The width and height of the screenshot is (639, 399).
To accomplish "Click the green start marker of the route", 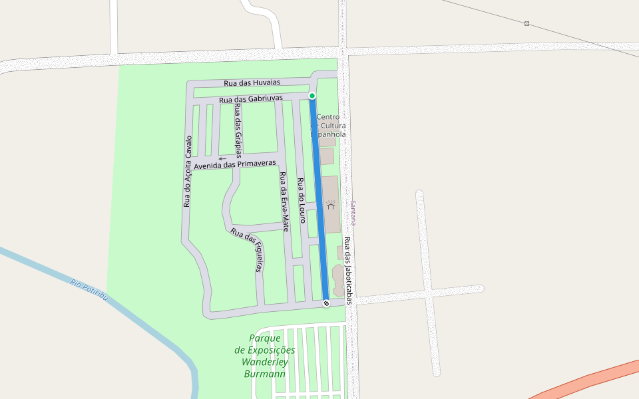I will coord(312,96).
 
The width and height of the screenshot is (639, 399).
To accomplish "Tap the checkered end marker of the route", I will coord(326,303).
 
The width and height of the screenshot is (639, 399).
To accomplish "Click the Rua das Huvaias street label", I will coord(252,82).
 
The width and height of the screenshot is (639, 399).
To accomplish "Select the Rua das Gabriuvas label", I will coord(251,99).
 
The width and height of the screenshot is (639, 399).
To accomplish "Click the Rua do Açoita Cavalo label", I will coord(188,171).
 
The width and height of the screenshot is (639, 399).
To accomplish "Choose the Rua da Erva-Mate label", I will coord(284,201).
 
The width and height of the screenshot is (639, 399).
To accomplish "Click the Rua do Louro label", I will coord(301,199).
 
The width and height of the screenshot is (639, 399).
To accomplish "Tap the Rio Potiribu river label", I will coord(89,291).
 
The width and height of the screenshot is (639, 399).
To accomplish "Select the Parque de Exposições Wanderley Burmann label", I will coord(265,356).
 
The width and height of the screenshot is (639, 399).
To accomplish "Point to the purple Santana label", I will coord(354,213).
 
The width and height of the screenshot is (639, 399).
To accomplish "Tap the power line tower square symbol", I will coord(527,24).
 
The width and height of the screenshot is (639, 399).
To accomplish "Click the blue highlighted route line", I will coord(319,199).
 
